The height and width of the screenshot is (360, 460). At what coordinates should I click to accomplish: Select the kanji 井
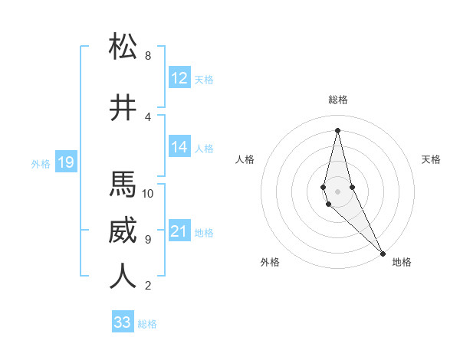pos(123,108)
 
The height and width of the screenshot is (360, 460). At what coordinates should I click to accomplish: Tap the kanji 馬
pos(123,185)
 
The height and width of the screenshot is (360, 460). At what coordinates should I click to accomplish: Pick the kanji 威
pos(123,231)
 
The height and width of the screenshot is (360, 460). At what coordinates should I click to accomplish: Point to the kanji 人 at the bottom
pos(123,277)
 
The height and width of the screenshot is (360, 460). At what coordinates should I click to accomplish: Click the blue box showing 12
pos(179,78)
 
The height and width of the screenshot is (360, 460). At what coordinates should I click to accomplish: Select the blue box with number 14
pos(179,147)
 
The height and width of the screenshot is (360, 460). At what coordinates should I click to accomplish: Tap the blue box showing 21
pos(179,231)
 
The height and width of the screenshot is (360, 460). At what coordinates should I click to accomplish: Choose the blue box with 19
pos(65,162)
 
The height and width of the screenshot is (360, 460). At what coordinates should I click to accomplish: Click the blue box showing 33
pos(123,322)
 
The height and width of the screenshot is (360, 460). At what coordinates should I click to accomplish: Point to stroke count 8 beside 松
pos(148,56)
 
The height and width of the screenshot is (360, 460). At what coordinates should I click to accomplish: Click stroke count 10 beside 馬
pos(148,193)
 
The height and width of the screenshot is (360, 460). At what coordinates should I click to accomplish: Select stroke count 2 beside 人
pos(148,286)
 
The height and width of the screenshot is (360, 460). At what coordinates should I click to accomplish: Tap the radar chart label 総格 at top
pos(337,100)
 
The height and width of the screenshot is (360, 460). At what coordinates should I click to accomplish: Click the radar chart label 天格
pos(432,159)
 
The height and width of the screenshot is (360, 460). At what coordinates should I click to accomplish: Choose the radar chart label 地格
pos(402,262)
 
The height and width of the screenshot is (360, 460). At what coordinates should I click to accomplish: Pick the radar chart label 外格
pos(270,262)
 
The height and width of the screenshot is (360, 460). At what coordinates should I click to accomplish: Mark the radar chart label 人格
pos(245,159)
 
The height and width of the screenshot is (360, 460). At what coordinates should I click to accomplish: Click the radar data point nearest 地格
pos(383,252)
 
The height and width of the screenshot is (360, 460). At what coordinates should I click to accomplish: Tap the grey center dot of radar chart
pos(337,189)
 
